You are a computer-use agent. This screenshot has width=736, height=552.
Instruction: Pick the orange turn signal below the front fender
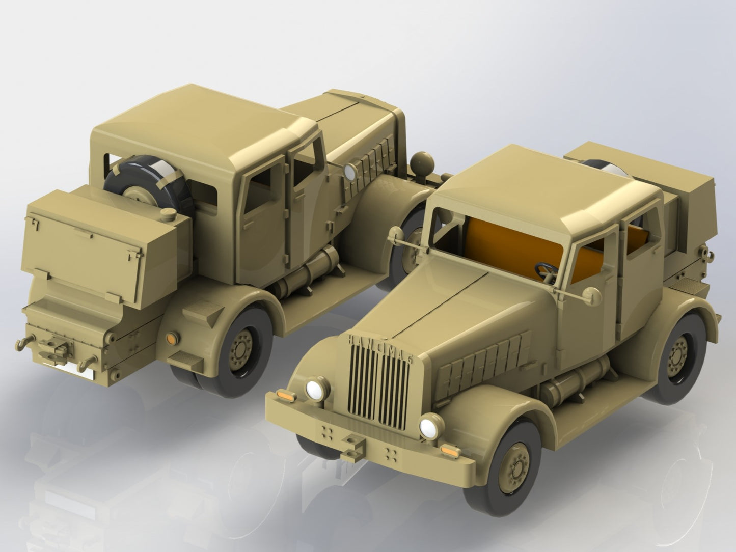(x=449, y=450)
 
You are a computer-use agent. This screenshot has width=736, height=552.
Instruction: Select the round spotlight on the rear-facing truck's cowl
(x=350, y=172)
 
